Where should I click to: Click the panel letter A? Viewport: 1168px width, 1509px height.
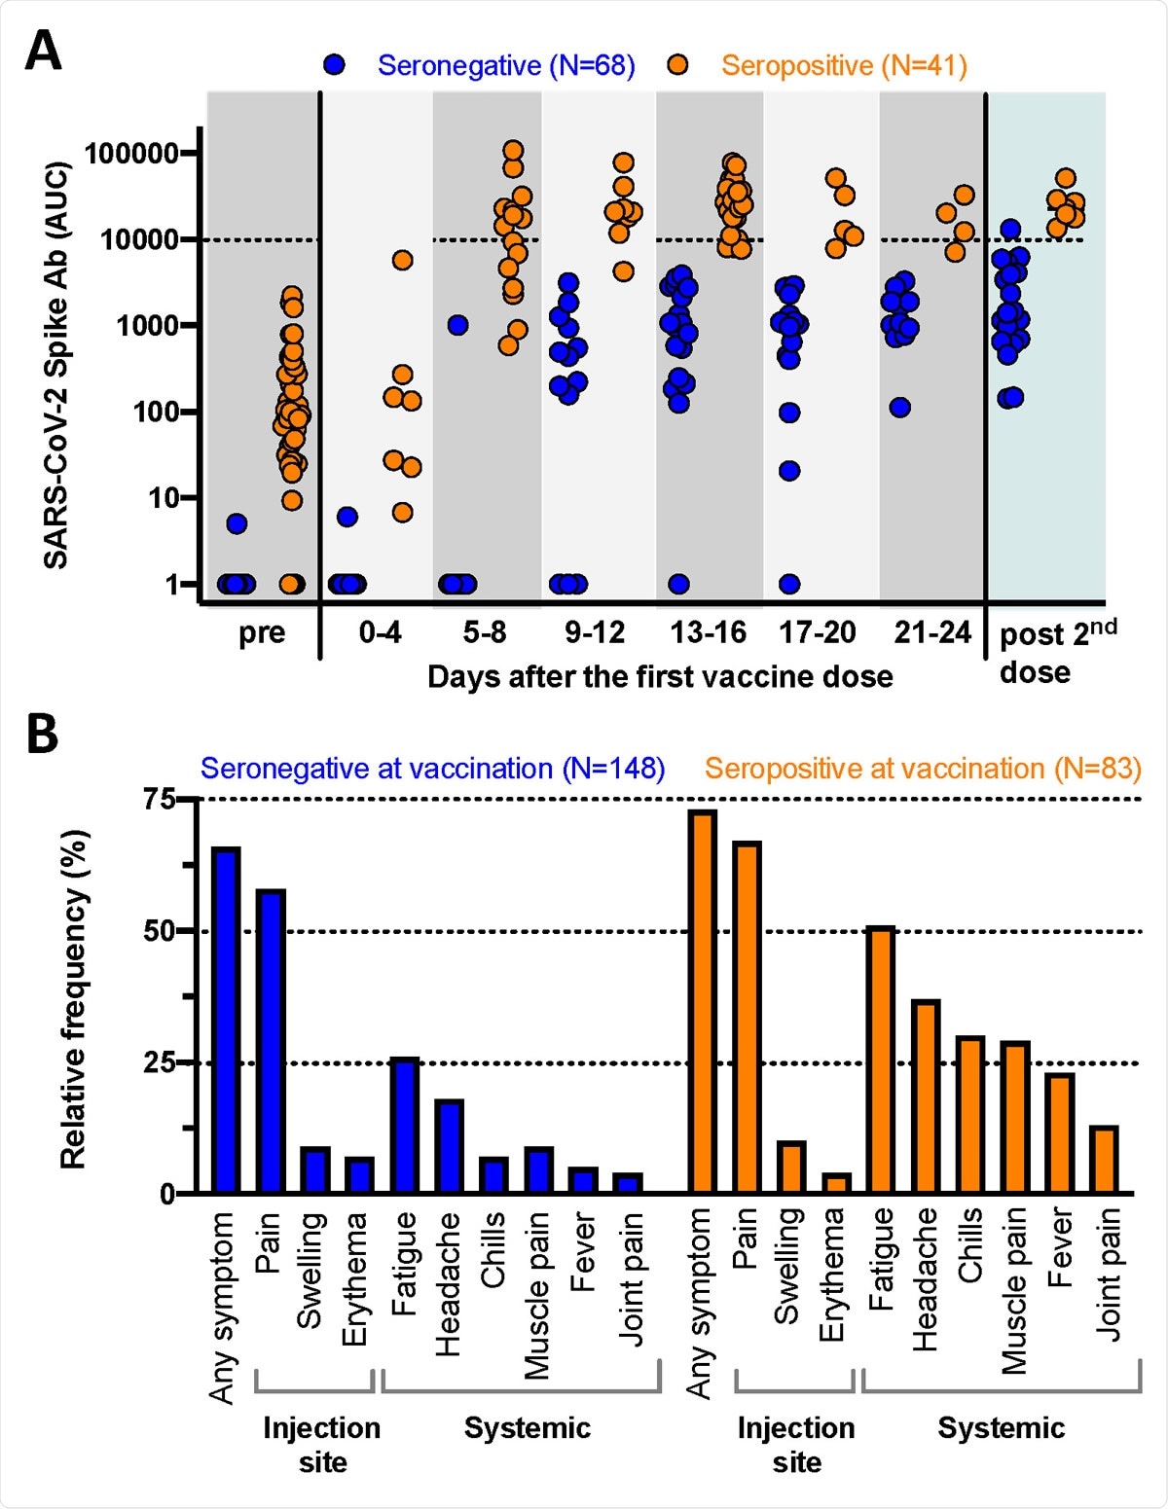point(43,51)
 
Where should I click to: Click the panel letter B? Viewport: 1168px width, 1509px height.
point(42,735)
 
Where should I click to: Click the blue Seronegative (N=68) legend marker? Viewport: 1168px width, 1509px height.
point(335,65)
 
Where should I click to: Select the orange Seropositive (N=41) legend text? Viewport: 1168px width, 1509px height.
point(843,65)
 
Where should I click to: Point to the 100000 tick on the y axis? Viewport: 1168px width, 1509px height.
point(131,154)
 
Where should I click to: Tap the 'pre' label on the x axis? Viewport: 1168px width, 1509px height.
point(262,633)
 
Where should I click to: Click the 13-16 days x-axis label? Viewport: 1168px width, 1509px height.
point(708,633)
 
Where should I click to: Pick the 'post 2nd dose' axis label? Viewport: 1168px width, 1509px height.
point(1056,652)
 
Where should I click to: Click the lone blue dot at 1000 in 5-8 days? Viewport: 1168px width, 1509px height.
point(457,325)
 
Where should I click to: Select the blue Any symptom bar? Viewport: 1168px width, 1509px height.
point(226,1020)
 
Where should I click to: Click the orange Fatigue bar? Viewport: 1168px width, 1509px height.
point(881,1060)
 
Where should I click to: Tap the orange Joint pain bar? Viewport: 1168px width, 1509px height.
point(1105,1159)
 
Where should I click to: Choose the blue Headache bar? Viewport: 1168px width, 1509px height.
point(449,1146)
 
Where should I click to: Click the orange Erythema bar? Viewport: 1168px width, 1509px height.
point(836,1183)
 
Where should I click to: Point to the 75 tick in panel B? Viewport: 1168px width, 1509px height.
point(159,800)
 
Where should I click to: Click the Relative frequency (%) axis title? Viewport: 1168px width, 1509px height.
point(73,998)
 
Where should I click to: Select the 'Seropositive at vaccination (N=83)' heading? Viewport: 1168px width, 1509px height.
point(922,769)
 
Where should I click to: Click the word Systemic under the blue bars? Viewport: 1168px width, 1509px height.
point(527,1427)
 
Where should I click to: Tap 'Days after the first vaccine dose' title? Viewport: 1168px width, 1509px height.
point(660,676)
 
